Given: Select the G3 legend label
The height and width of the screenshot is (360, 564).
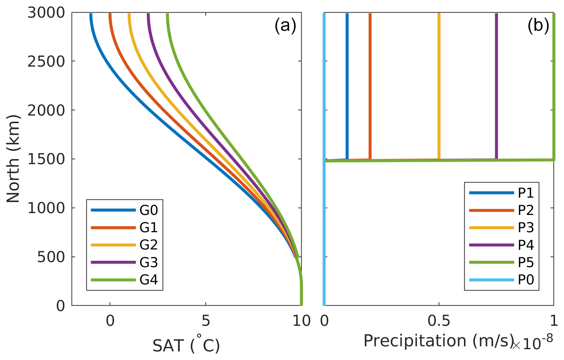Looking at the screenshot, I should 149,262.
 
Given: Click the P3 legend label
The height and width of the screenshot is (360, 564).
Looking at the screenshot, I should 525,228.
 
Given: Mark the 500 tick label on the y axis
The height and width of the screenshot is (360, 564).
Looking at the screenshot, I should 51,257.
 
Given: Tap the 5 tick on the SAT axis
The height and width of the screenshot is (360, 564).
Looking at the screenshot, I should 206,320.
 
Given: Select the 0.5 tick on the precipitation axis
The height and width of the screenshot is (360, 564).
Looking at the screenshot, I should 439,320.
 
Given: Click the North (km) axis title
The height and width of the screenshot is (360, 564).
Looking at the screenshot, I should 13,159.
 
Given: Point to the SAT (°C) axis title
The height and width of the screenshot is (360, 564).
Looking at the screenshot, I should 186,346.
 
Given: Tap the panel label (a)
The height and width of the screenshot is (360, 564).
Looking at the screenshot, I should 285,26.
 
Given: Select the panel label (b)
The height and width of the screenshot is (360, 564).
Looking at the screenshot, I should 538,26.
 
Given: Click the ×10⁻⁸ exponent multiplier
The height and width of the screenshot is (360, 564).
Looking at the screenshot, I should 533,343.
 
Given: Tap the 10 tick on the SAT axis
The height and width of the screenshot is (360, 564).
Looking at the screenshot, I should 301,320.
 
